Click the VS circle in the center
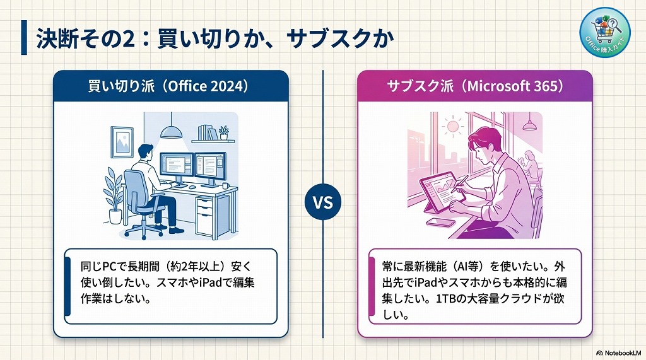(x=323, y=203)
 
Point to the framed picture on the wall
(x=122, y=141)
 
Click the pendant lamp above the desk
(x=171, y=131)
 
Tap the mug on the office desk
(x=226, y=185)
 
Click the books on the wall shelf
(x=206, y=132)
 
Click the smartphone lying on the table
(x=440, y=222)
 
